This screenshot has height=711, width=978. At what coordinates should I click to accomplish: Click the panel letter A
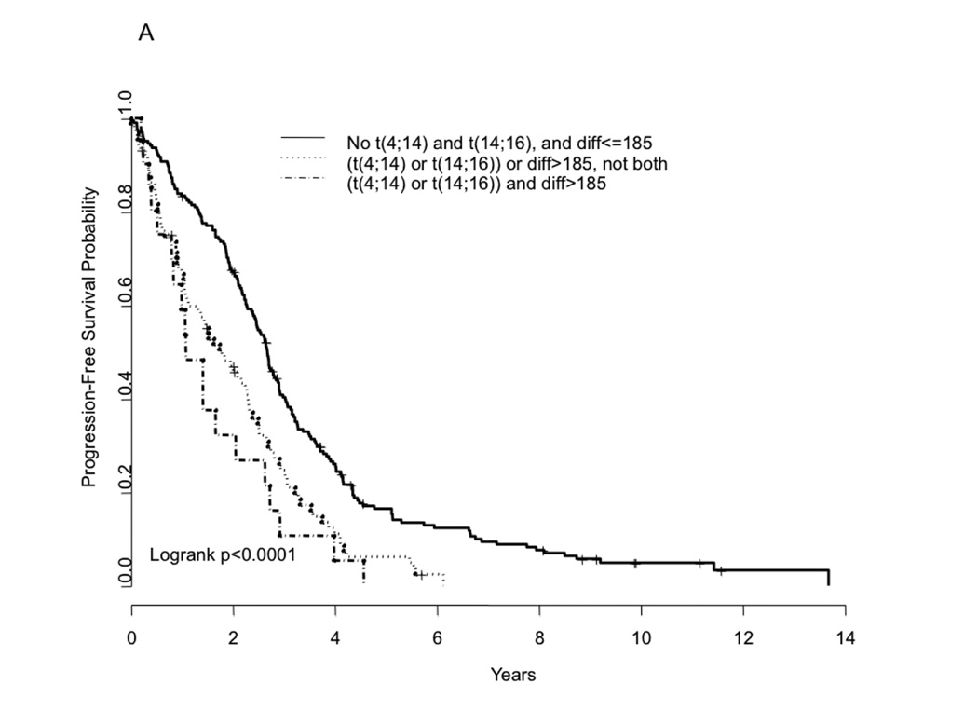click(145, 34)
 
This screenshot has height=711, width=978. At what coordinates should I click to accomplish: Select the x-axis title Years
click(515, 674)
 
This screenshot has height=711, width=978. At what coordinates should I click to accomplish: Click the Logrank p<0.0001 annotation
click(223, 556)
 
